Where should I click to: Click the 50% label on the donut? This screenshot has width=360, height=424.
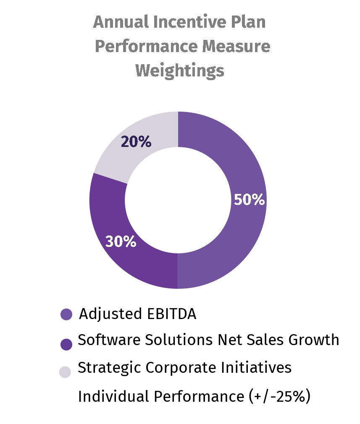click(249, 200)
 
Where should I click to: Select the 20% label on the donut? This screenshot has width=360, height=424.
click(136, 142)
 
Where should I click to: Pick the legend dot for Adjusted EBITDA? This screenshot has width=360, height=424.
click(66, 314)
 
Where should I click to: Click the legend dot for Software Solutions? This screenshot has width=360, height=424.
click(66, 344)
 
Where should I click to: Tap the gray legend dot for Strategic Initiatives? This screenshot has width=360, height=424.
click(65, 372)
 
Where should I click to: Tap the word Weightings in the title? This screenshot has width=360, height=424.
click(179, 70)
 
